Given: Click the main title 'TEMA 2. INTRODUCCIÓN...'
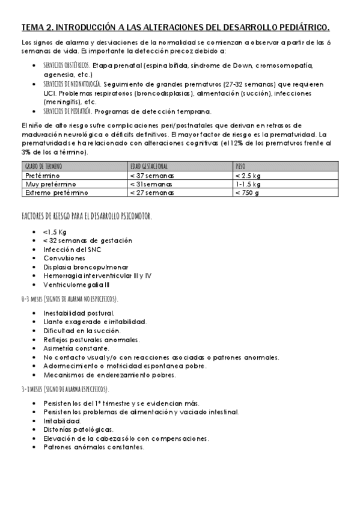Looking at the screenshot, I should coord(175,28).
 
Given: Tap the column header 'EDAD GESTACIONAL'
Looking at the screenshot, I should coord(148,166).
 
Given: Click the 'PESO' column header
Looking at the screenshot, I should coord(240,166).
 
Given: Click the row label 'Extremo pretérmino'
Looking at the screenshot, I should coord(56,192).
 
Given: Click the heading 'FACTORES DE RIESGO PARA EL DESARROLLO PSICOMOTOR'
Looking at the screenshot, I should coord(86,217).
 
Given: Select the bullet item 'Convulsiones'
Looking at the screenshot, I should coord(66,257).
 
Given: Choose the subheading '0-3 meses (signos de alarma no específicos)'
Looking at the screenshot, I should coord(69,298).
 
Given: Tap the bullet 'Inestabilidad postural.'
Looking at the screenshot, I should coord(79,313).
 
